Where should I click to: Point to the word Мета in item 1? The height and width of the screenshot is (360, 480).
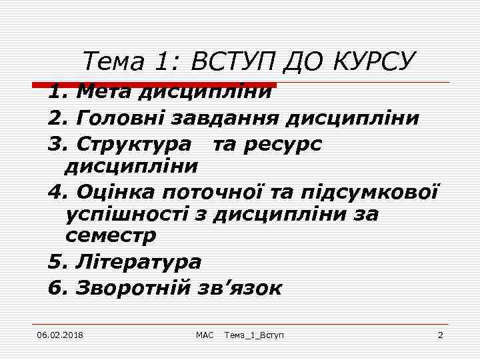pyautogui.click(x=105, y=92)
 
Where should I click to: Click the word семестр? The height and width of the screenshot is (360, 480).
pyautogui.click(x=111, y=236)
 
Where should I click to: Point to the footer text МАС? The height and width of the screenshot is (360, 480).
pyautogui.click(x=204, y=334)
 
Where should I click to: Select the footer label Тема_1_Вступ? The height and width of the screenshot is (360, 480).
pyautogui.click(x=254, y=334)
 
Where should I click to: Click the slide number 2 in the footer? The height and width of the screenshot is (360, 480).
pyautogui.click(x=440, y=334)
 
